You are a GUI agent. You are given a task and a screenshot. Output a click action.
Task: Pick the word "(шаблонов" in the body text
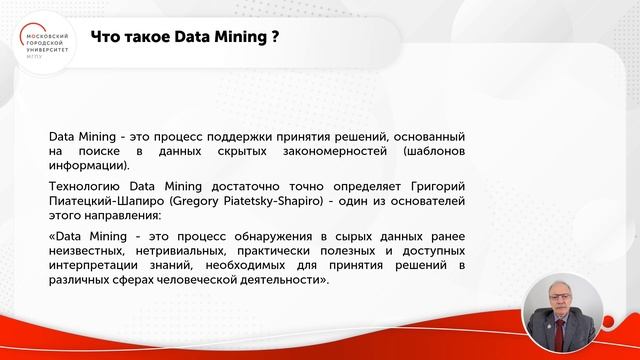click(434, 151)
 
